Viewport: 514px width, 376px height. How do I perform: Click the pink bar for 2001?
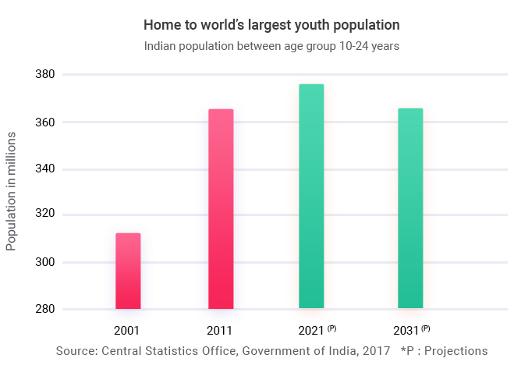(128, 271)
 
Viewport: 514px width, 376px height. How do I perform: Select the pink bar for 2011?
(221, 209)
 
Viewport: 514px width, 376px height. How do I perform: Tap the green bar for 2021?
(311, 197)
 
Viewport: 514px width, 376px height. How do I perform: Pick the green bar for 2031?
(410, 208)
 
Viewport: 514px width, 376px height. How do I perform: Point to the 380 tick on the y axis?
(44, 75)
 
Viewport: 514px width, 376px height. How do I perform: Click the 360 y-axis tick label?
(44, 122)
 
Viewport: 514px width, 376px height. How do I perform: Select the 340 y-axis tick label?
(44, 169)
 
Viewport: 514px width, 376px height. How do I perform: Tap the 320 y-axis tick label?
(44, 215)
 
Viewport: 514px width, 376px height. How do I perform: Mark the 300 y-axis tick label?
(44, 262)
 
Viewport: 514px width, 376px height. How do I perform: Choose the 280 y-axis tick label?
(44, 309)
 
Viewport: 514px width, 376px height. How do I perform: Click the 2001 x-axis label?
(126, 331)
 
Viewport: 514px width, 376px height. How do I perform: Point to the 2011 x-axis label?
(219, 331)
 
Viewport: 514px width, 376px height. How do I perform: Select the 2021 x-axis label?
(311, 331)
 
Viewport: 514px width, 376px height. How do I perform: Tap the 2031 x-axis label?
(405, 331)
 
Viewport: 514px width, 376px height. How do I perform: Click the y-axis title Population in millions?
(11, 191)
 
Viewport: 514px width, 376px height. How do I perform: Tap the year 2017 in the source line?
(376, 351)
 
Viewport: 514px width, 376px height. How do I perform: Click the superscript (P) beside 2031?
(426, 328)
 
